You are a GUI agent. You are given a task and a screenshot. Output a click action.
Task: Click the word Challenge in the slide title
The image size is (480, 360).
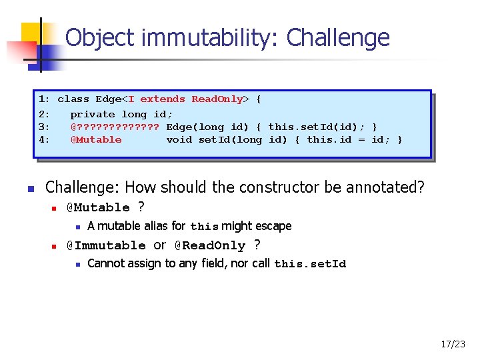click(338, 37)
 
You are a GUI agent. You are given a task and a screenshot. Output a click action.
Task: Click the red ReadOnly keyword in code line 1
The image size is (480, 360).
click(217, 99)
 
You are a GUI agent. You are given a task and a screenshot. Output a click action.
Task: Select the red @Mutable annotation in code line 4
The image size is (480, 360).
click(96, 140)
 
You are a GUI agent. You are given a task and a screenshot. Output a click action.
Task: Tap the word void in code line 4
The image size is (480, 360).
click(179, 140)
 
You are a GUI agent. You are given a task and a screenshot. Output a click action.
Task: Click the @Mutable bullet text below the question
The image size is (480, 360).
click(98, 208)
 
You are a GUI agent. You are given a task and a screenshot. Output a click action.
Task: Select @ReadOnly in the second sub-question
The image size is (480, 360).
click(209, 245)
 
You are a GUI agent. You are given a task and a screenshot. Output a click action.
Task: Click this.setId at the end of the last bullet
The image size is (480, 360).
click(310, 264)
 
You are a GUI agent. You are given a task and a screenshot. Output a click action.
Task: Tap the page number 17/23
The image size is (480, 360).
click(453, 345)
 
